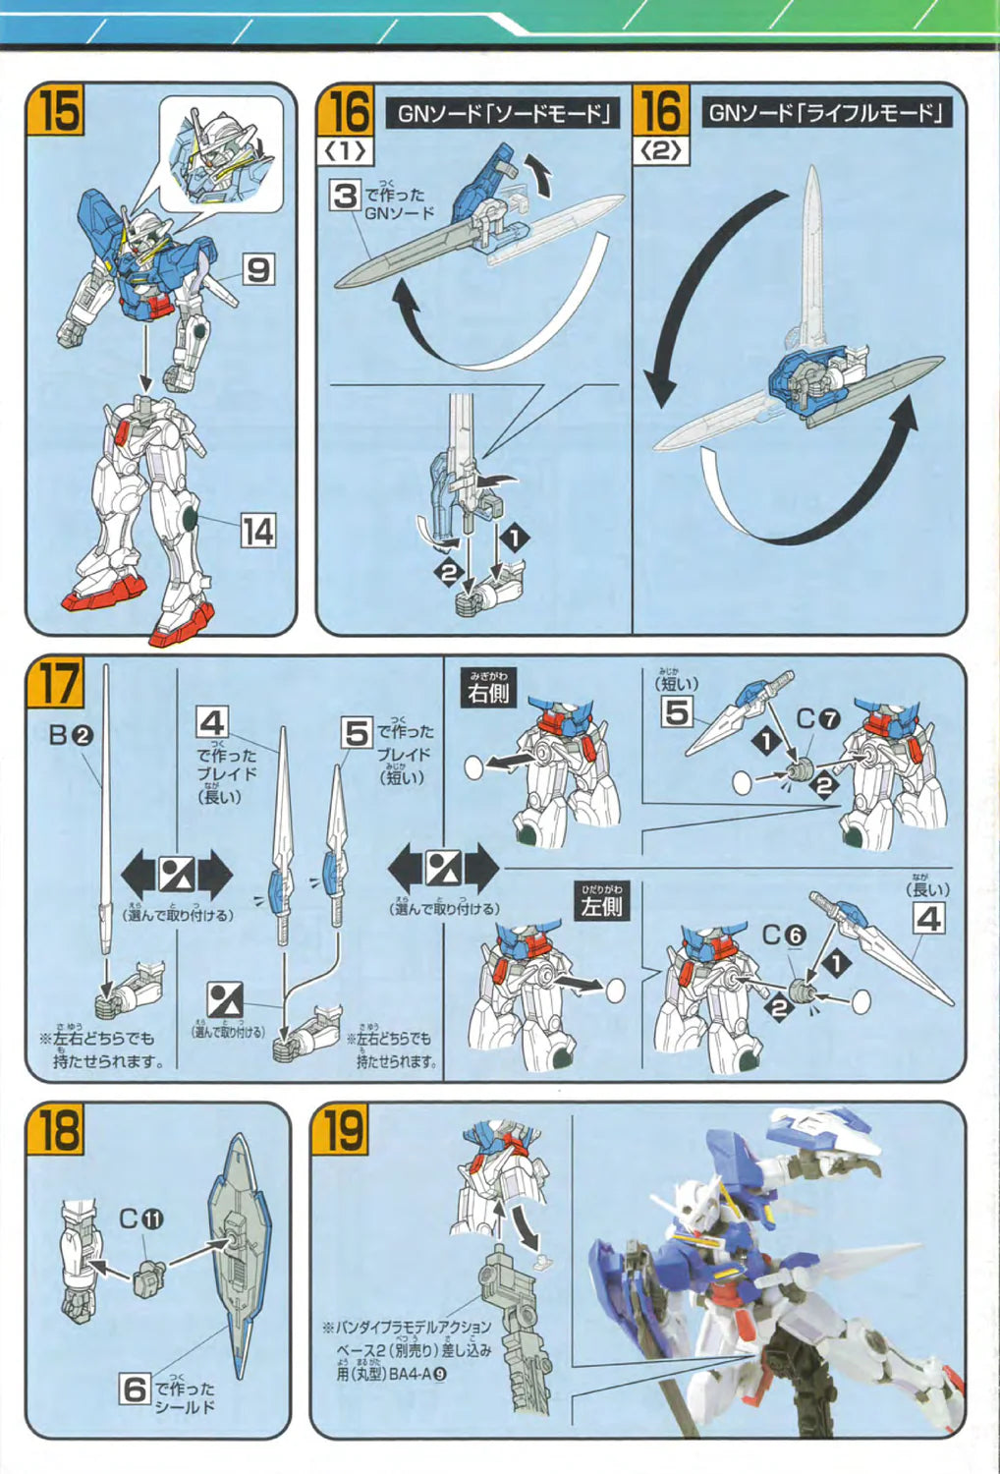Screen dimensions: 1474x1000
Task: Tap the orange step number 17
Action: pos(59,681)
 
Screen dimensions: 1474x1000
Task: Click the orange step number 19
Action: pos(342,1130)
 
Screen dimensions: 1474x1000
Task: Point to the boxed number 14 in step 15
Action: pos(257,532)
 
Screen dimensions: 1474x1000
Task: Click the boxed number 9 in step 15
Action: pos(257,269)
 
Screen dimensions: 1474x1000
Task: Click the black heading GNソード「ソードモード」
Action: pos(504,113)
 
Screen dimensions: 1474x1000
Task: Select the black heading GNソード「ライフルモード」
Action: pos(824,113)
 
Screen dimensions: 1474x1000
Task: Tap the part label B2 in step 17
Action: pos(71,734)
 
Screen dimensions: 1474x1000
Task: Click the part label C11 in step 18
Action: pos(140,1219)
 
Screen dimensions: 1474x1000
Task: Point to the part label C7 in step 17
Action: pos(817,719)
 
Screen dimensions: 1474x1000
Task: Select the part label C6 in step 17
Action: pos(784,935)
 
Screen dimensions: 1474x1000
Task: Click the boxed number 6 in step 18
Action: pos(135,1389)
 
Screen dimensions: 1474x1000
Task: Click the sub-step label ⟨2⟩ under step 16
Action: pos(661,151)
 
